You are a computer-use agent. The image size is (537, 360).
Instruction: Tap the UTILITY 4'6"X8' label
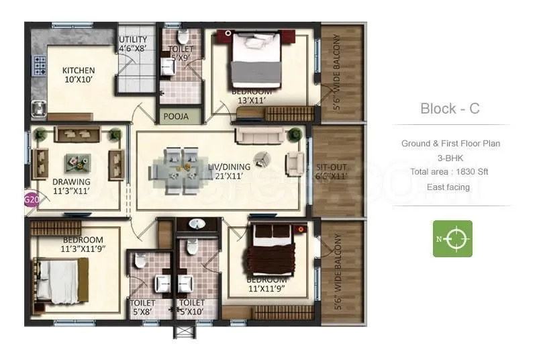(133, 44)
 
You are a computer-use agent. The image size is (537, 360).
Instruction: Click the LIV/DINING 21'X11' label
(228, 171)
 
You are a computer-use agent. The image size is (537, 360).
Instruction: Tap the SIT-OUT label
(330, 172)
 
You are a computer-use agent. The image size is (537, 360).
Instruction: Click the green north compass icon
(452, 238)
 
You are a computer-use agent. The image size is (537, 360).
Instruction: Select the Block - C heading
(450, 108)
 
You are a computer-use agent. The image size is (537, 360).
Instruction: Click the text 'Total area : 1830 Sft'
(450, 172)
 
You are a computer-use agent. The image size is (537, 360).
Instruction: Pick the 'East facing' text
(450, 187)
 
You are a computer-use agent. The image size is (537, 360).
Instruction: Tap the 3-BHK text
(450, 158)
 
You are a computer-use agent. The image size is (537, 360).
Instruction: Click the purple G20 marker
(30, 199)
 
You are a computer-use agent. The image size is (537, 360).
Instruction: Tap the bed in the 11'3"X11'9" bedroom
(63, 279)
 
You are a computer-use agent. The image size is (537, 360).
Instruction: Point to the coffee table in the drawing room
(79, 161)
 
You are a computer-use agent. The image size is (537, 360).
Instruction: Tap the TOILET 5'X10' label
(191, 307)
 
